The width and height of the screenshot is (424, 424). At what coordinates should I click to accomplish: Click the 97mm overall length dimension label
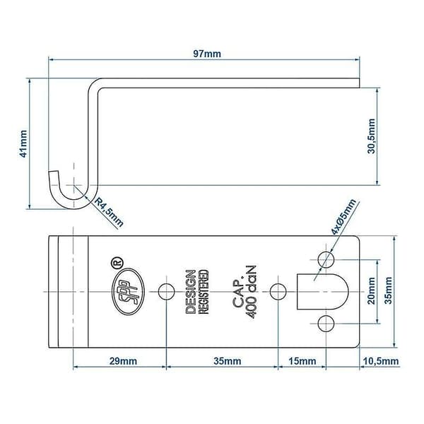[x=207, y=54]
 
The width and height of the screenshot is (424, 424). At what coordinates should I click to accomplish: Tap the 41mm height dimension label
[x=23, y=143]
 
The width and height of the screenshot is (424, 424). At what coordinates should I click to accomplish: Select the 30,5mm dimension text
[x=371, y=136]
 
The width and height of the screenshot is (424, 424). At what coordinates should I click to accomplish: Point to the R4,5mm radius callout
[x=109, y=212]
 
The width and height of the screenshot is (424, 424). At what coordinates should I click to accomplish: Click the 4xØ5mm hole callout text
[x=343, y=217]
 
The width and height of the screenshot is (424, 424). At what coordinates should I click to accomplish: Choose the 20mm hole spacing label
[x=371, y=291]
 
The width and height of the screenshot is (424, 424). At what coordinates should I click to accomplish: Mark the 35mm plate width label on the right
[x=388, y=290]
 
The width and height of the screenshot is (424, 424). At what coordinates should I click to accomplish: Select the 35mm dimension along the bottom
[x=227, y=361]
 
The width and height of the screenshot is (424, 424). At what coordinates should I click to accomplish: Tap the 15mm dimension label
[x=302, y=361]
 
